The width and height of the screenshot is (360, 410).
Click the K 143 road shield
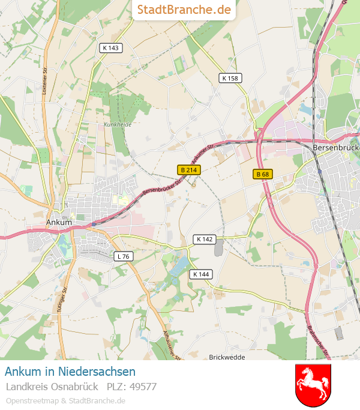(111, 48)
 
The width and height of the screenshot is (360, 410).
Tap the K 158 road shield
(230, 78)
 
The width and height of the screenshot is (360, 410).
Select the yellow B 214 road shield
(188, 170)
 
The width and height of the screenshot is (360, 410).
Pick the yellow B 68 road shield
(262, 174)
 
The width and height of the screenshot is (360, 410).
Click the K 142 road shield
(204, 239)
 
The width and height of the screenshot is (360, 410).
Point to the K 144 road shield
(202, 274)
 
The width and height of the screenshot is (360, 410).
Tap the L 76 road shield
(124, 256)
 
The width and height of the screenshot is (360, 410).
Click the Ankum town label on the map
(59, 222)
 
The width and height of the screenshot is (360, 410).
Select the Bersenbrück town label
(335, 146)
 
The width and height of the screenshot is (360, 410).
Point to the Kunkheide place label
(117, 124)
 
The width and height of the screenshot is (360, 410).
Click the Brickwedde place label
(227, 357)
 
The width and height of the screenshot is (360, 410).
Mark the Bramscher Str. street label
(318, 342)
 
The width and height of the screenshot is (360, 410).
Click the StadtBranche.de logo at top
(184, 10)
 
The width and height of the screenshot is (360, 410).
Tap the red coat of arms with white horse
(313, 385)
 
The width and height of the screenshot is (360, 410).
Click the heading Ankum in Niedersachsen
(70, 372)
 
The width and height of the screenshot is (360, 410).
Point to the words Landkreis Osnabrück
(52, 387)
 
